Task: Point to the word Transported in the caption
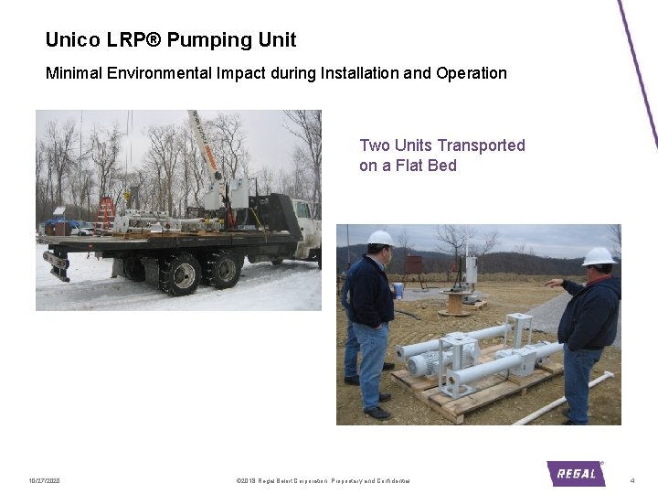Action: pos(481,145)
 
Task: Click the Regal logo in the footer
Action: pos(576,473)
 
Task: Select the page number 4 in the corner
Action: pos(632,481)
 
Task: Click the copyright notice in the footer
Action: pos(323,481)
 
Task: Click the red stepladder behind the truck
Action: pos(105,212)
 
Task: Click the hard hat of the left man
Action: pos(380,239)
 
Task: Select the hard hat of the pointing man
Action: pos(599,256)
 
